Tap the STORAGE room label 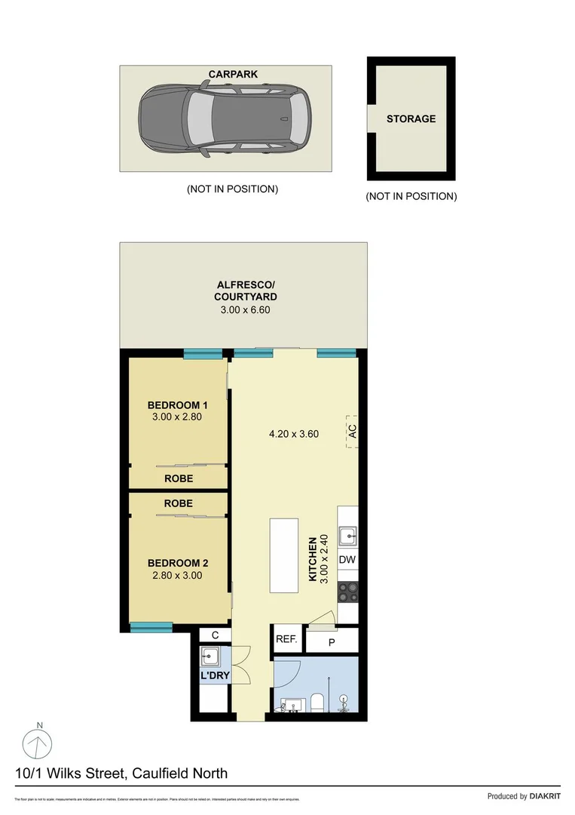[x=411, y=118]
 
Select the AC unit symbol [x=351, y=432]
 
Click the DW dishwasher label [x=347, y=560]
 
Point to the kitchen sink [x=347, y=537]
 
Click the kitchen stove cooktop [x=347, y=592]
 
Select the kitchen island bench [x=283, y=556]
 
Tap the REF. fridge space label [x=286, y=639]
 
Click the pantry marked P [x=332, y=642]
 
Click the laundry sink [x=210, y=655]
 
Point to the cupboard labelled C [x=215, y=635]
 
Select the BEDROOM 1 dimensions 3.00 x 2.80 [x=178, y=416]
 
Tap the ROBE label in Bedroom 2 [x=178, y=503]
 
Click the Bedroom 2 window [x=151, y=626]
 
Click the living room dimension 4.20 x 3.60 [x=294, y=434]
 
